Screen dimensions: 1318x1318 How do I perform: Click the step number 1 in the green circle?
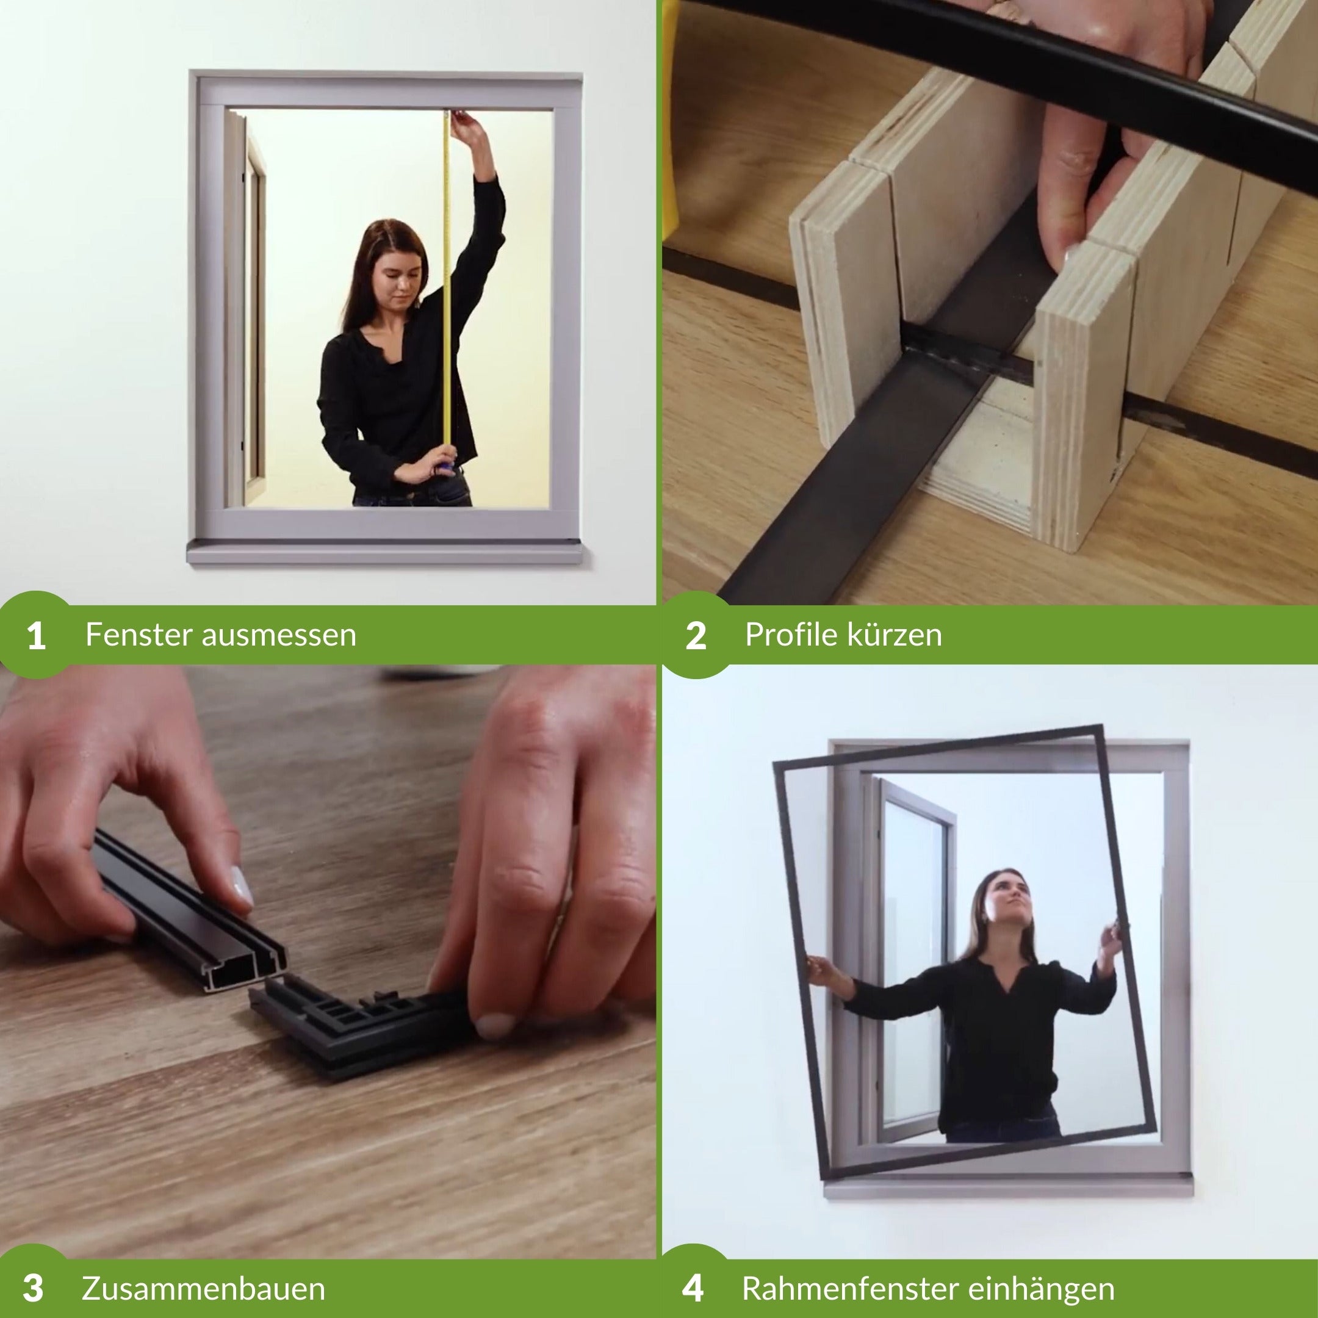coord(36,636)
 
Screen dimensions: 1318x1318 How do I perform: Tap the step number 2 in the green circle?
coord(695,636)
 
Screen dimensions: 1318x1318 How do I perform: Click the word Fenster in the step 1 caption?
coord(140,635)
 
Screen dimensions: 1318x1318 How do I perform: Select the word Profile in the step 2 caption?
coord(791,635)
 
